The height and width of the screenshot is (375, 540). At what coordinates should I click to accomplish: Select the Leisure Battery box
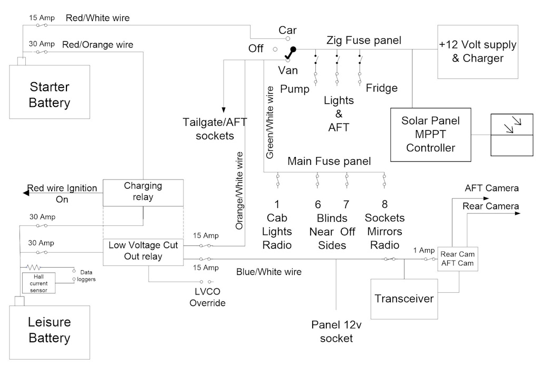50,329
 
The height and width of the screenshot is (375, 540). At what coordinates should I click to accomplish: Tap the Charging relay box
143,192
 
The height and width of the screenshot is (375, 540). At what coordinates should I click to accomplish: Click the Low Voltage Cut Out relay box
143,251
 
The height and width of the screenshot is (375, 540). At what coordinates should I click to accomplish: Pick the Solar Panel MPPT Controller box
430,134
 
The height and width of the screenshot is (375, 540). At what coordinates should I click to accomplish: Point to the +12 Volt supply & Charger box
478,51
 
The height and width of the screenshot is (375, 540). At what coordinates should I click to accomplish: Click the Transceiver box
404,299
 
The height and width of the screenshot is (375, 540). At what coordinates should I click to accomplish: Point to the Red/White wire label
98,18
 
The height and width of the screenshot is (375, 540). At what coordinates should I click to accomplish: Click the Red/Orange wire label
98,44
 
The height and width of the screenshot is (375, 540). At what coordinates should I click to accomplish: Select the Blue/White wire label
269,272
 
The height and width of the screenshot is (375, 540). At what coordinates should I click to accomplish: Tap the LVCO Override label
208,298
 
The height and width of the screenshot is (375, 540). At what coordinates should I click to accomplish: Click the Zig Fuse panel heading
364,40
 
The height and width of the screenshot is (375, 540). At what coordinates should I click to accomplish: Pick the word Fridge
382,88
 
